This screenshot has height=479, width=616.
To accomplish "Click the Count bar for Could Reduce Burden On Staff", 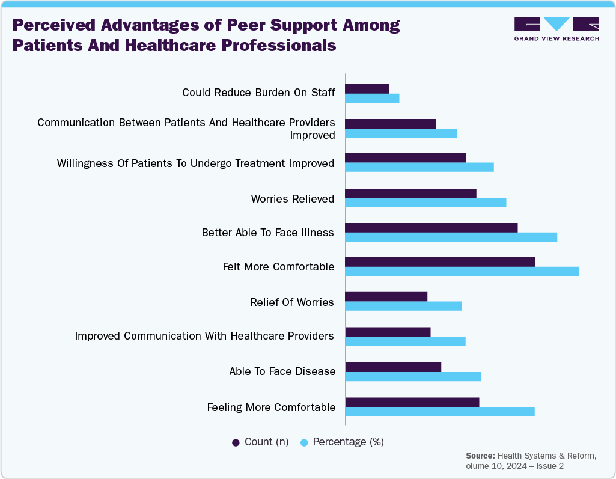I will pyautogui.click(x=367, y=88).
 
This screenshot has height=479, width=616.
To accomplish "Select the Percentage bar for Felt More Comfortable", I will pyautogui.click(x=462, y=271).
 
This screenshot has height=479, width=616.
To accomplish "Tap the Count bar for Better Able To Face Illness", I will pyautogui.click(x=431, y=227).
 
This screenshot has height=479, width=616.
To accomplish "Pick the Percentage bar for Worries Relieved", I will pyautogui.click(x=425, y=203).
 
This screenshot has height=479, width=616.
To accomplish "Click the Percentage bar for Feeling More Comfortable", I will pyautogui.click(x=439, y=411).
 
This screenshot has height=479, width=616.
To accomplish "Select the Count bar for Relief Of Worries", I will pyautogui.click(x=386, y=296).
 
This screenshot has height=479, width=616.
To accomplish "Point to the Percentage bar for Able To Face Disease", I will pyautogui.click(x=413, y=376).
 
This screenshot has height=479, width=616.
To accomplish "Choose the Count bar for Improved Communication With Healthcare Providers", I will pyautogui.click(x=388, y=332).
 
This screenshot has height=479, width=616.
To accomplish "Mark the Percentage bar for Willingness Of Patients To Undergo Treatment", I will pyautogui.click(x=419, y=167).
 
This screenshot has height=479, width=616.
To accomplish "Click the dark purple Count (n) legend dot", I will pyautogui.click(x=236, y=442).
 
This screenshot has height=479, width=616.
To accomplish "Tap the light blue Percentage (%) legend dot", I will pyautogui.click(x=304, y=442).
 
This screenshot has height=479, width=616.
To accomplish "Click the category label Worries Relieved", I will pyautogui.click(x=292, y=199).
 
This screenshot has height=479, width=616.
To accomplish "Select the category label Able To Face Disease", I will pyautogui.click(x=282, y=371).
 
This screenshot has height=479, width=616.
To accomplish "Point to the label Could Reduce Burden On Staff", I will pyautogui.click(x=258, y=93).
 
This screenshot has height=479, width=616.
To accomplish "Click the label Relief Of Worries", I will pyautogui.click(x=291, y=302).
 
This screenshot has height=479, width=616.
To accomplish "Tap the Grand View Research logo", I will pyautogui.click(x=556, y=28).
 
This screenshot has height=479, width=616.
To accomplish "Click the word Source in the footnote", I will pyautogui.click(x=480, y=456).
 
